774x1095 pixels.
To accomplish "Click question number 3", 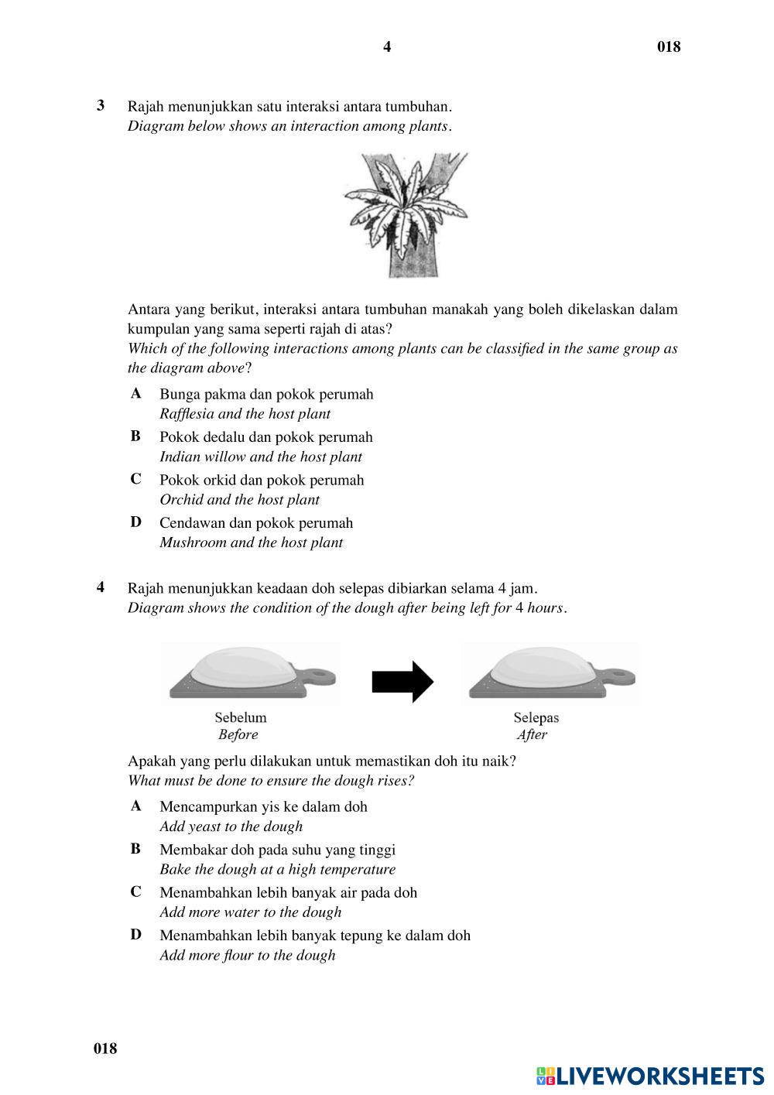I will tap(101, 105).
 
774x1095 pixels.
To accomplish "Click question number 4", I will tap(101, 587).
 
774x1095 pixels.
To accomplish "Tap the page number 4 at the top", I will tap(387, 47).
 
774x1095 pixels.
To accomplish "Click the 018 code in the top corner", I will tap(669, 47).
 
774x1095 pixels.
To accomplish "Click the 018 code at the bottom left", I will tap(105, 1049).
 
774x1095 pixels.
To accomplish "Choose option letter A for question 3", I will tap(136, 393).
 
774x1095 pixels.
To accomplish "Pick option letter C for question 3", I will tap(136, 479).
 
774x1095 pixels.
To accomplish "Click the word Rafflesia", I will tap(187, 414).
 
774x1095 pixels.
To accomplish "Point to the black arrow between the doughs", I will tap(402, 682).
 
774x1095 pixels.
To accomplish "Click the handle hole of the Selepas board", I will tap(617, 676).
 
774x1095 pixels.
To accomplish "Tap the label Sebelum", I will tap(241, 717).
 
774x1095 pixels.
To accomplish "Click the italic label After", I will tap(532, 735).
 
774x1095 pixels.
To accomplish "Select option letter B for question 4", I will tap(136, 849).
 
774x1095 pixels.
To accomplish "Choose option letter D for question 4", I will tap(136, 934).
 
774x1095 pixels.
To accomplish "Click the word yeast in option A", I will tap(206, 826).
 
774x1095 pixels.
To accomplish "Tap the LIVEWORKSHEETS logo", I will tap(650, 1076).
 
